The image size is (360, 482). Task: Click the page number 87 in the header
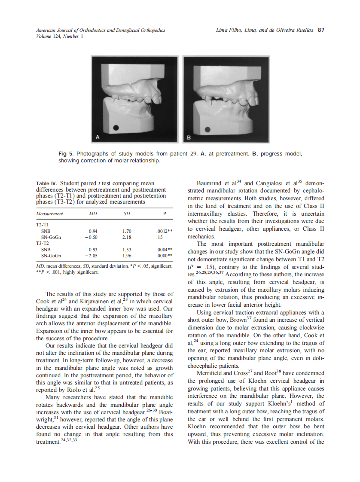320,31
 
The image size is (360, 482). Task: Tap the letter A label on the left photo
98,137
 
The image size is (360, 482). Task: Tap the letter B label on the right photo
189,137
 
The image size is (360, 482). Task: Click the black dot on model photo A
116,128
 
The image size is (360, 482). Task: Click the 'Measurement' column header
50,214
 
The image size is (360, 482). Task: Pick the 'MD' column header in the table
92,214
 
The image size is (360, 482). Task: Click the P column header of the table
164,214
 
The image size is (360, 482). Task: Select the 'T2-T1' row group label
42,224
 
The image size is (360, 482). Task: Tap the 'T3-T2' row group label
42,243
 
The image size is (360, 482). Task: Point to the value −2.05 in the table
90,256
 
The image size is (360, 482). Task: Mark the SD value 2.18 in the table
127,237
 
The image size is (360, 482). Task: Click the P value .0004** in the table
164,249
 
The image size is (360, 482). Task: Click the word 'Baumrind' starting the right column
209,184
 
